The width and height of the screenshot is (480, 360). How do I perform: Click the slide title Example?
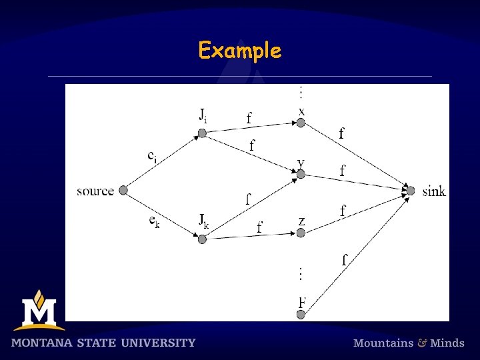coord(240,51)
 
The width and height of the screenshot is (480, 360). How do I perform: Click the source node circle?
coord(123,191)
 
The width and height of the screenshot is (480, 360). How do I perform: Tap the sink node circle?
coord(411,191)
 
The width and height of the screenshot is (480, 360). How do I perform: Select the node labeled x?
coord(301,123)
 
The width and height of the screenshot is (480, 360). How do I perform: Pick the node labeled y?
coord(301,174)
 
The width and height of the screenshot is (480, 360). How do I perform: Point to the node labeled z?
coord(301,233)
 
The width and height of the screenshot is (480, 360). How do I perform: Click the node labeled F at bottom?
coord(301,314)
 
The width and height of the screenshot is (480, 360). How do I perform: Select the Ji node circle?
coord(202,133)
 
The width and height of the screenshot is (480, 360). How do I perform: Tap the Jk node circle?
coord(202,239)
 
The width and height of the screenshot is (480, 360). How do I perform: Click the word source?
coord(95,191)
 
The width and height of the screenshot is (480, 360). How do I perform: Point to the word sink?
coord(434,192)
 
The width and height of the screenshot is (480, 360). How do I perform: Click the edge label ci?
coord(153,156)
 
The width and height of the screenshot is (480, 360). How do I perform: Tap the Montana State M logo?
coord(39,311)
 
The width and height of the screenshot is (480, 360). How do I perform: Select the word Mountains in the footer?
coord(383,343)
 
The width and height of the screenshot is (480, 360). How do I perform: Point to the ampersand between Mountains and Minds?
coord(422,343)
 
